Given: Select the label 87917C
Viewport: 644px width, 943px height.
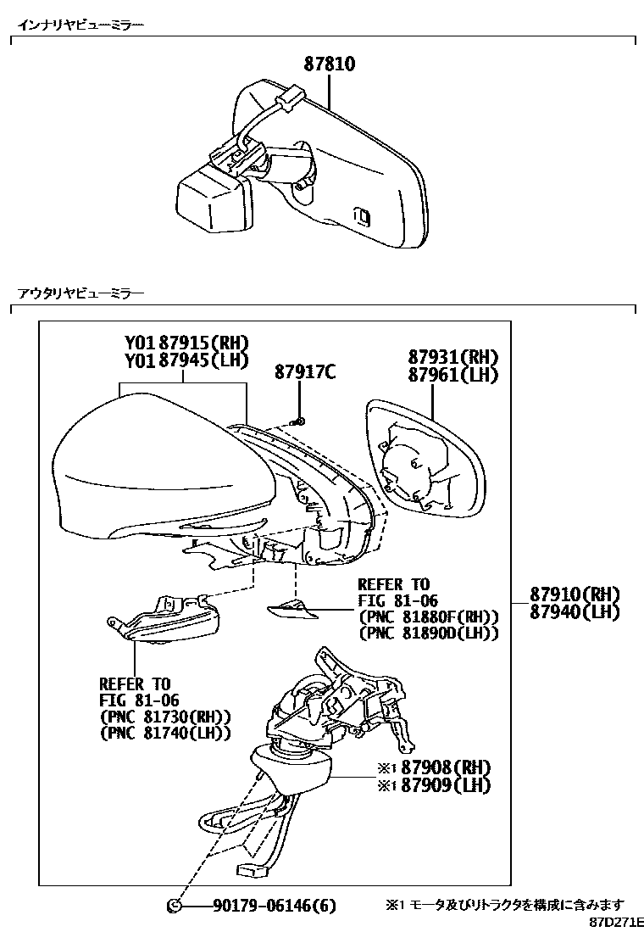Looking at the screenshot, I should [x=305, y=371].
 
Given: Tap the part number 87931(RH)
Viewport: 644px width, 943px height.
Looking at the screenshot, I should [x=452, y=357].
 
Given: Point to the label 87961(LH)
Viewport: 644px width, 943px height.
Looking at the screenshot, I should [x=452, y=374].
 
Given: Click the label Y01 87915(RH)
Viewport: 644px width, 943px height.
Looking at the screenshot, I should [x=186, y=343].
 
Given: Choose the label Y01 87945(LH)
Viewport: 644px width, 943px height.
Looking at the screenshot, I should [x=186, y=360].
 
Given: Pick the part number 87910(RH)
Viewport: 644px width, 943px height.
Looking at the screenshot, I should [x=575, y=594].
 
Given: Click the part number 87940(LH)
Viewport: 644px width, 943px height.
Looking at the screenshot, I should [x=575, y=611].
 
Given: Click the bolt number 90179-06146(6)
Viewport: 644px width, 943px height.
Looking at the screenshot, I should [x=274, y=907].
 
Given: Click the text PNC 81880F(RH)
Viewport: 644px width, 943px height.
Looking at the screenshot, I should [x=429, y=617].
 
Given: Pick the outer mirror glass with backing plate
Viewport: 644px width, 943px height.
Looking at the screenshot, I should [x=424, y=458].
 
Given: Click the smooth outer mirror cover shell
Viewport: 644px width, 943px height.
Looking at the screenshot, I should [x=161, y=475].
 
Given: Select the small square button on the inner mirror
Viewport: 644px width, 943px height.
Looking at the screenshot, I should [x=361, y=216].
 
